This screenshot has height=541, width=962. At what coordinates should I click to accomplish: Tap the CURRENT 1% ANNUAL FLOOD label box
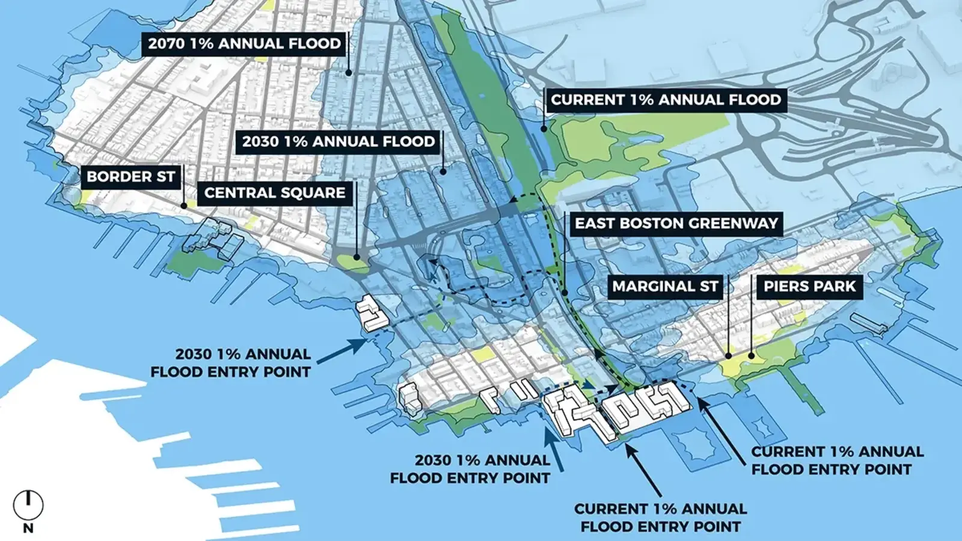pyautogui.click(x=666, y=100)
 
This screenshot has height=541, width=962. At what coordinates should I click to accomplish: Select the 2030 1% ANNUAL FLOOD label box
pyautogui.click(x=338, y=142)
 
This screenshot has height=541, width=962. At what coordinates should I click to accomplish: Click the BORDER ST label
pyautogui.click(x=130, y=177)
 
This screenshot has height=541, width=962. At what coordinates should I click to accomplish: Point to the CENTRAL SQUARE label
pyautogui.click(x=274, y=193)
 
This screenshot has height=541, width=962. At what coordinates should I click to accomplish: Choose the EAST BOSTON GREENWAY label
pyautogui.click(x=676, y=224)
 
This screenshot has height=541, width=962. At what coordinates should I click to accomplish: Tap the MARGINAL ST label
pyautogui.click(x=665, y=287)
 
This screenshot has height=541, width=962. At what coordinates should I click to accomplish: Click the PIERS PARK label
pyautogui.click(x=809, y=287)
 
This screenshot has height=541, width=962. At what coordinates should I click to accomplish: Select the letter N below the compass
pyautogui.click(x=28, y=528)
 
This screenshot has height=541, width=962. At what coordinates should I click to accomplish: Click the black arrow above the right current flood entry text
pyautogui.click(x=721, y=427)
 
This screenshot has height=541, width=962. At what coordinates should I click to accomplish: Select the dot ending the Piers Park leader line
pyautogui.click(x=752, y=356)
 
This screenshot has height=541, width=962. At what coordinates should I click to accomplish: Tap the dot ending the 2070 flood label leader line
pyautogui.click(x=348, y=73)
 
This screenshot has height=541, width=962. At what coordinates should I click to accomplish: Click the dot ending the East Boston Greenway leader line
pyautogui.click(x=565, y=293)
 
